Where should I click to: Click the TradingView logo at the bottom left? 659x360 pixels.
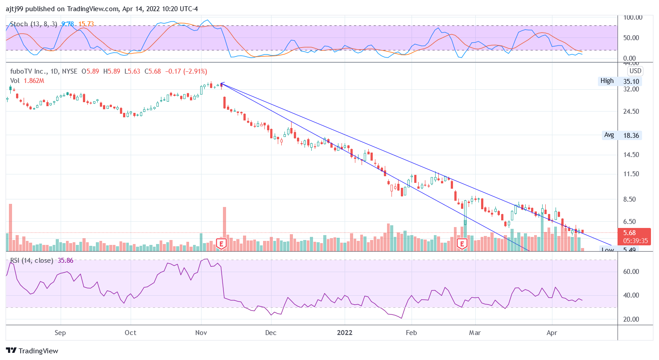coord(32,351)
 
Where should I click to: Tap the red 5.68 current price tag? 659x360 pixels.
coord(629,232)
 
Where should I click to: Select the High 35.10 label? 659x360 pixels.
coord(620,81)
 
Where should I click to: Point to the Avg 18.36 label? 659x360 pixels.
coord(622,135)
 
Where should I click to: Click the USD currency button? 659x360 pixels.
coord(635,71)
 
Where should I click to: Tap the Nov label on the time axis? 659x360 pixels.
coord(201,333)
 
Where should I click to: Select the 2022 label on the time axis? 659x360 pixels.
coord(345,333)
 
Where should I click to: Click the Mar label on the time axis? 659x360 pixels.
coord(475,333)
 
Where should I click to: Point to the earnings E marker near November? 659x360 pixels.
coord(221,243)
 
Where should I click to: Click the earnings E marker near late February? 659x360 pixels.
coord(462,243)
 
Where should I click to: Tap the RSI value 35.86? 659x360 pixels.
coord(65,261)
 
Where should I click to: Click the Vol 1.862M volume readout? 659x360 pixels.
coord(27,81)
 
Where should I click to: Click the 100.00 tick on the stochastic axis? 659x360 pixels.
coord(633,17)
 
